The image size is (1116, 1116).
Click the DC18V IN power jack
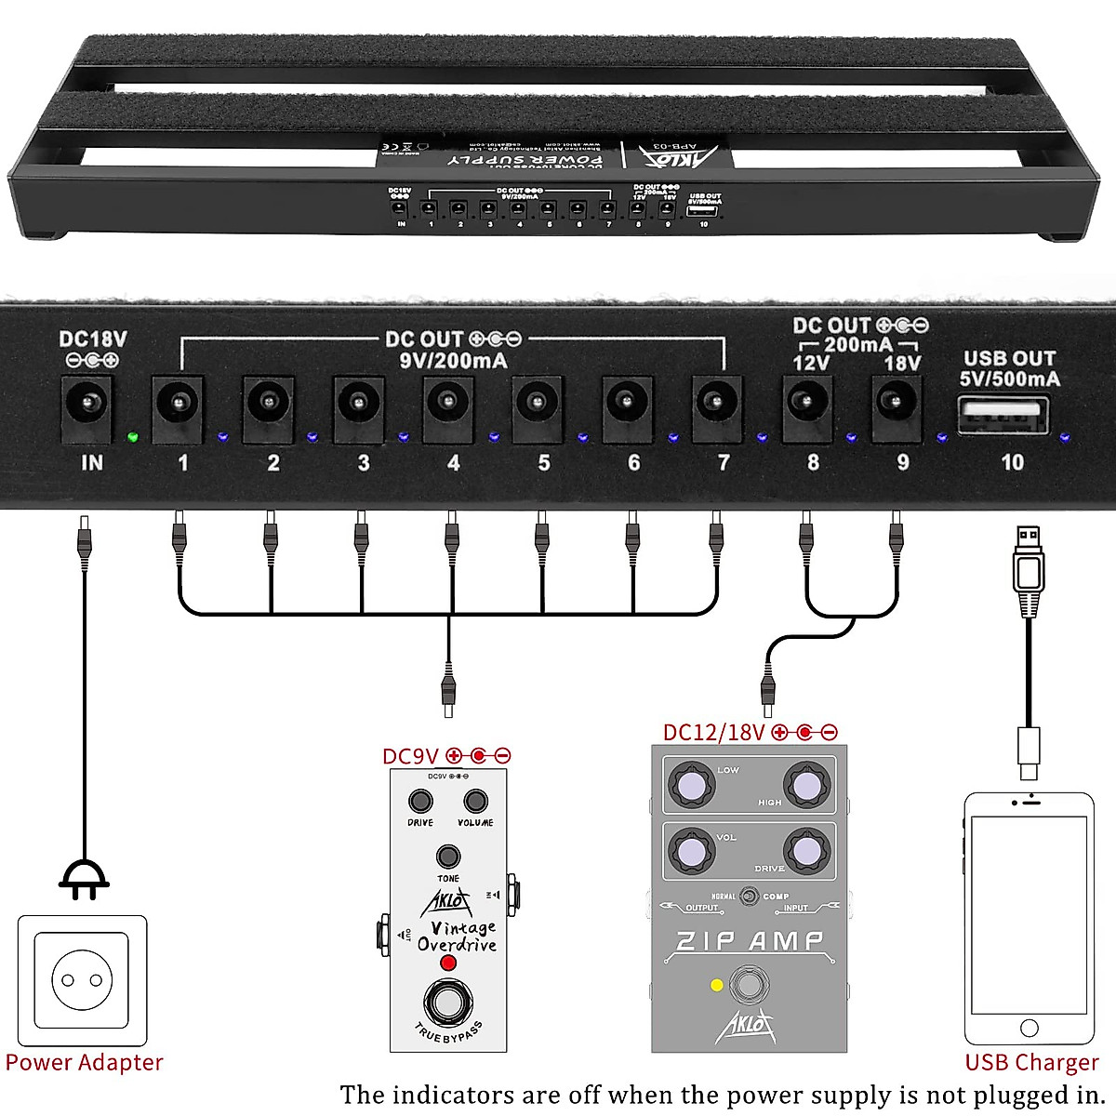pyautogui.click(x=87, y=405)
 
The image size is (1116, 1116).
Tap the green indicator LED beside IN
pyautogui.click(x=133, y=436)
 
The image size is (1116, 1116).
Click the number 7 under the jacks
pyautogui.click(x=724, y=462)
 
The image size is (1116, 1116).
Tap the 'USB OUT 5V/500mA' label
pyautogui.click(x=1009, y=368)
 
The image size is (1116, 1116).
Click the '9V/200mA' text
pyautogui.click(x=453, y=361)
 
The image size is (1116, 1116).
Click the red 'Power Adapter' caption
pyautogui.click(x=84, y=1062)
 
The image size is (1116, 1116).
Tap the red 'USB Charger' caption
pyautogui.click(x=1031, y=1062)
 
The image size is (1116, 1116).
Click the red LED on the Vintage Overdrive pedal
pyautogui.click(x=448, y=963)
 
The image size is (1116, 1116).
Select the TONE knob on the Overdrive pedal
pyautogui.click(x=448, y=857)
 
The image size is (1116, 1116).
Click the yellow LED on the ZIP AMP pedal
pyautogui.click(x=716, y=985)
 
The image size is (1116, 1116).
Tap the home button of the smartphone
pyautogui.click(x=1029, y=1028)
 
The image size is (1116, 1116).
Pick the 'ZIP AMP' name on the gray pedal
pyautogui.click(x=749, y=941)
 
